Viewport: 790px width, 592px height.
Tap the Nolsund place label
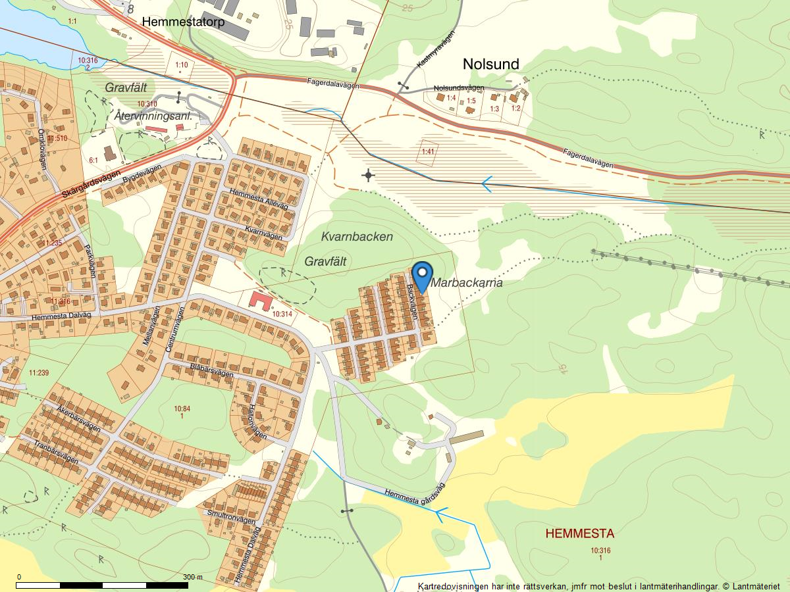490,64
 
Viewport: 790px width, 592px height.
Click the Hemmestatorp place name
183,22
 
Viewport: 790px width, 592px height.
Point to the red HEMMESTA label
579,533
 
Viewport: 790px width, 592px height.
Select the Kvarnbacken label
357,236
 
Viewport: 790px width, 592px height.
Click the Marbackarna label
467,283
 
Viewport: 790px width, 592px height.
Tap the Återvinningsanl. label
153,116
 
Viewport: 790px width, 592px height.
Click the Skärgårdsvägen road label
92,185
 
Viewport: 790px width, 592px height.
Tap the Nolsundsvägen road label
459,88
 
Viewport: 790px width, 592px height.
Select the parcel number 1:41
429,152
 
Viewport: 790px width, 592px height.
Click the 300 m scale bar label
192,577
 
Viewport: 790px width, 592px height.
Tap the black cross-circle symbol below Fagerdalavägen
368,175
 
